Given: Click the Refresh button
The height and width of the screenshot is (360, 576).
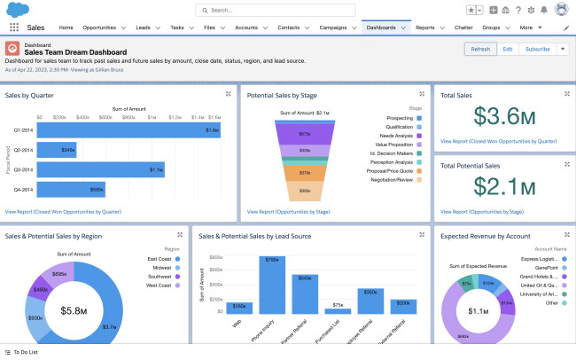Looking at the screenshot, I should [x=479, y=50].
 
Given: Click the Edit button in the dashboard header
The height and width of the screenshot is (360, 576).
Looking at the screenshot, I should [x=507, y=50].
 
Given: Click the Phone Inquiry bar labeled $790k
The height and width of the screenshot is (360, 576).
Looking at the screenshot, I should [x=271, y=285].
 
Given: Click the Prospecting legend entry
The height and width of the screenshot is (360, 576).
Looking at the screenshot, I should [x=404, y=117].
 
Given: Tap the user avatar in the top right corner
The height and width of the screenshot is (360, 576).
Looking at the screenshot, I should [x=561, y=10].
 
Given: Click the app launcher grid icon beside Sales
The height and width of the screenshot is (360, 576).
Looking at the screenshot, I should [x=13, y=27].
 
